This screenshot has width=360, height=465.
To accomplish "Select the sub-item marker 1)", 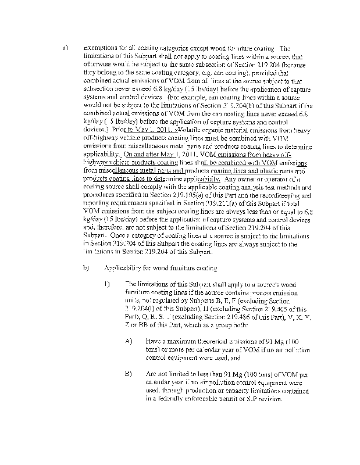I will [x=107, y=284].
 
